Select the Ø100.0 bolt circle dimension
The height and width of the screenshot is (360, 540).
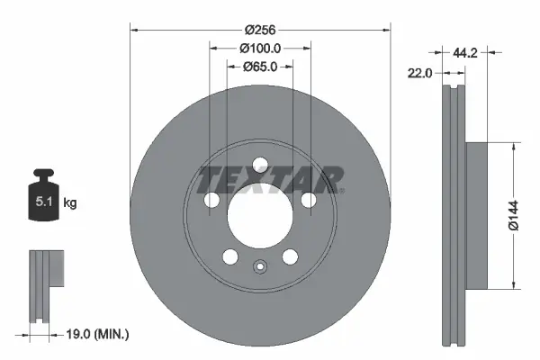[x=261, y=47]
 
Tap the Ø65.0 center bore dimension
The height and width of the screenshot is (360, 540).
[x=261, y=66]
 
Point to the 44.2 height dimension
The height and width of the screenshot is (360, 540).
[x=464, y=54]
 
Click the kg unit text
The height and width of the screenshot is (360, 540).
[x=70, y=203]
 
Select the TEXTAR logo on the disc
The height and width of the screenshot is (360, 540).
[x=271, y=179]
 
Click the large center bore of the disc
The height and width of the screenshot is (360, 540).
[x=260, y=217]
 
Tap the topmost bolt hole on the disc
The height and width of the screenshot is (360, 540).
[x=260, y=165]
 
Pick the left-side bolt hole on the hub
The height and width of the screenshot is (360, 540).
[x=211, y=201]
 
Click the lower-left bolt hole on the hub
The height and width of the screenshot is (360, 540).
[x=230, y=257]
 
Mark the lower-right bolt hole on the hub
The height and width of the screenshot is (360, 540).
[x=290, y=257]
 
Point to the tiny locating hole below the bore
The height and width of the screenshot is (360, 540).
[x=260, y=266]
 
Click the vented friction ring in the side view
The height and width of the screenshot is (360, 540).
[x=454, y=216]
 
